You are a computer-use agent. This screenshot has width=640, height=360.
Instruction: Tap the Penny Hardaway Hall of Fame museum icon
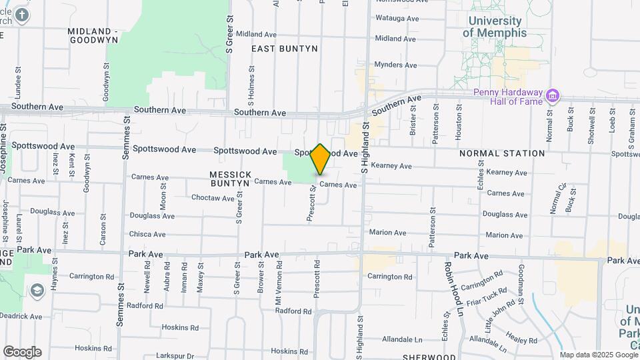552,96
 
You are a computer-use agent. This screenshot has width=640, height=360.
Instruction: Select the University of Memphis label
495,27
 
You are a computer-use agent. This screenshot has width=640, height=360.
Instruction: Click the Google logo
22,352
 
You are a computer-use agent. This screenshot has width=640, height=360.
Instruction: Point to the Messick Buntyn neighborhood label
231,179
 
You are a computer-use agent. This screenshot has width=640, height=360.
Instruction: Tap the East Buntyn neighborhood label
284,49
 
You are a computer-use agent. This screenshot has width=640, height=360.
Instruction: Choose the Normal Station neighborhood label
502,153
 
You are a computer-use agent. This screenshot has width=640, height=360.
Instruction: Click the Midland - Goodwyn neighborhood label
94,35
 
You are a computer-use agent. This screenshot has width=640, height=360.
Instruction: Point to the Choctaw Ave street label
213,198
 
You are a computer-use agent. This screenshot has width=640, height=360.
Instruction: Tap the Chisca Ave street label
147,234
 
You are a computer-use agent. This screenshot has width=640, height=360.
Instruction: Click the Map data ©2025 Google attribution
598,355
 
